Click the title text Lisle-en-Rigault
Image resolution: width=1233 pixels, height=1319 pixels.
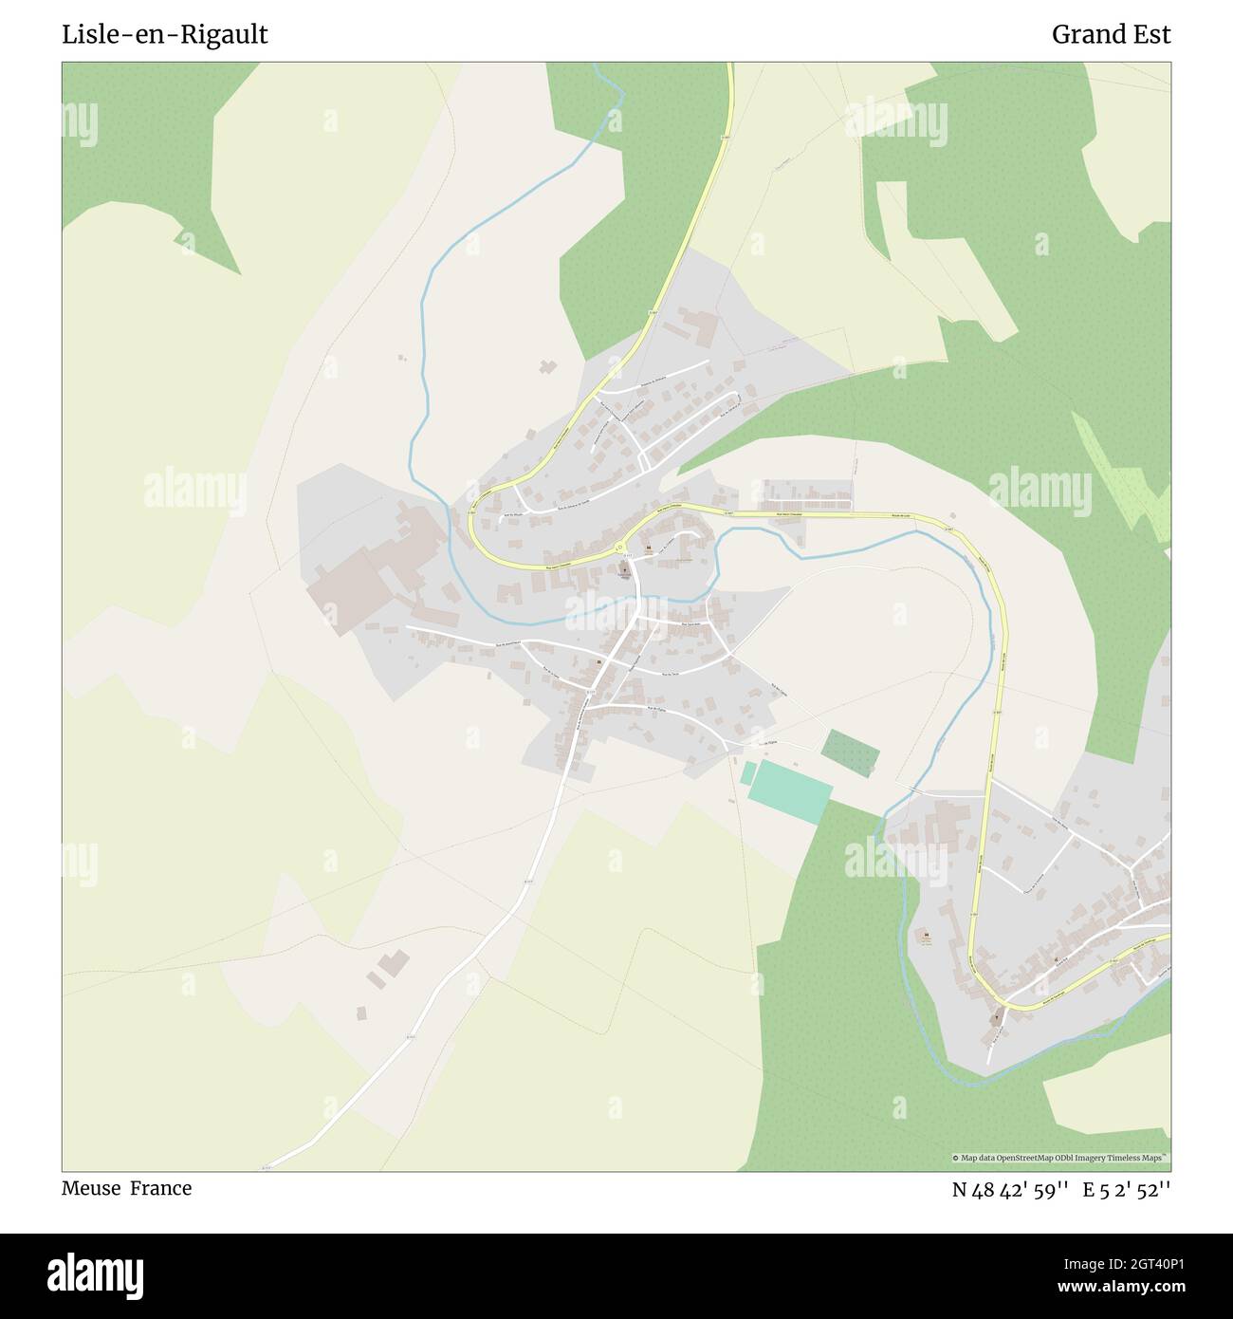tap(165, 35)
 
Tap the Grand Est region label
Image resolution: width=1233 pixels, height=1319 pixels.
tap(1111, 35)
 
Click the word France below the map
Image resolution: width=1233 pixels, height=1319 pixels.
tap(161, 1188)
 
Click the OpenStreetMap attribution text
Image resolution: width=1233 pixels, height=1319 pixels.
tap(1061, 1158)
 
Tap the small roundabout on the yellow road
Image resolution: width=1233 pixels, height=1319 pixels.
tap(619, 548)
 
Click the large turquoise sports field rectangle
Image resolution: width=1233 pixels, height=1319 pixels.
tap(789, 791)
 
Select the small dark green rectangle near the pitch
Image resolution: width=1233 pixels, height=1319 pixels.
tap(850, 753)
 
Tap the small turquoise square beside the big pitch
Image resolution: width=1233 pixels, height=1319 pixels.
tap(748, 772)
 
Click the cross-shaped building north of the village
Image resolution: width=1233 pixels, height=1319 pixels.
tap(546, 366)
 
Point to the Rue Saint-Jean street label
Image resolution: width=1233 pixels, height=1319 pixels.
tap(695, 623)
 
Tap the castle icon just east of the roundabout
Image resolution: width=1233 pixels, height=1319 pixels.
tap(648, 548)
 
